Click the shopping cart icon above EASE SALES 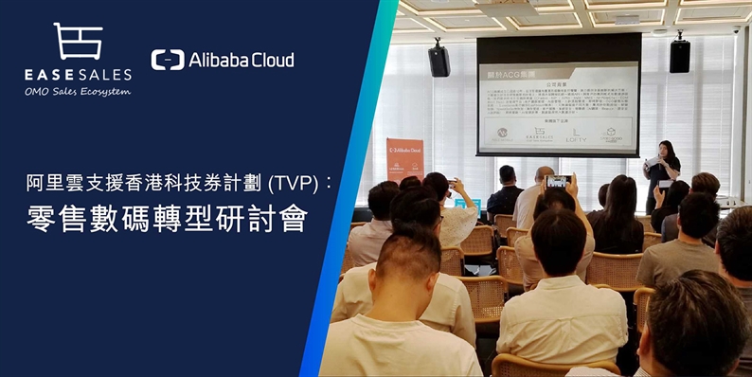point(79,42)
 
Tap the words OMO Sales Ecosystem point(78,92)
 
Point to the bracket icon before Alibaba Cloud point(168,60)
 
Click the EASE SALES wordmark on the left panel point(78,73)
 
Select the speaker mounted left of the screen point(439,61)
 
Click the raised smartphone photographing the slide point(556,180)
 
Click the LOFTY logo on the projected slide point(576,136)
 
